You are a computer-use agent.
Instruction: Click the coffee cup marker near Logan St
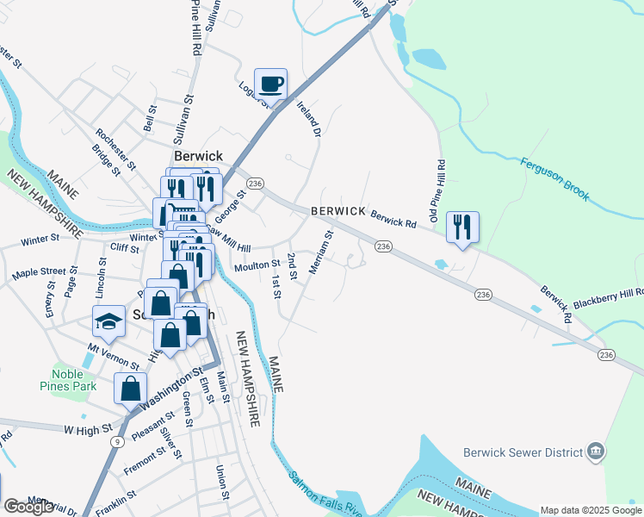tap(271, 84)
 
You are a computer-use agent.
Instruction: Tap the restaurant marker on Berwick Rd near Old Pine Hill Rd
tap(463, 227)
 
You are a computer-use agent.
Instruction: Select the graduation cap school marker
tap(108, 321)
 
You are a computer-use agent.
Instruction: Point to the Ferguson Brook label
tap(554, 179)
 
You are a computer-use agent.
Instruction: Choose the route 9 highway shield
tap(116, 440)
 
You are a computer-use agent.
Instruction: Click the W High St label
tap(89, 427)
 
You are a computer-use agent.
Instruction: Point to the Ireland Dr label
tap(307, 118)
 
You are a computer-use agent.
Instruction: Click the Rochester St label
tap(116, 147)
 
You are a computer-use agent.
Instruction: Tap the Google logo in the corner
tap(28, 507)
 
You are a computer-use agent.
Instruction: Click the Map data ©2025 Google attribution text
tap(590, 510)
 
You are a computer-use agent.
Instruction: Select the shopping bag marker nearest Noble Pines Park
tap(130, 388)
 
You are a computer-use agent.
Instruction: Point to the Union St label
tap(221, 483)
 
